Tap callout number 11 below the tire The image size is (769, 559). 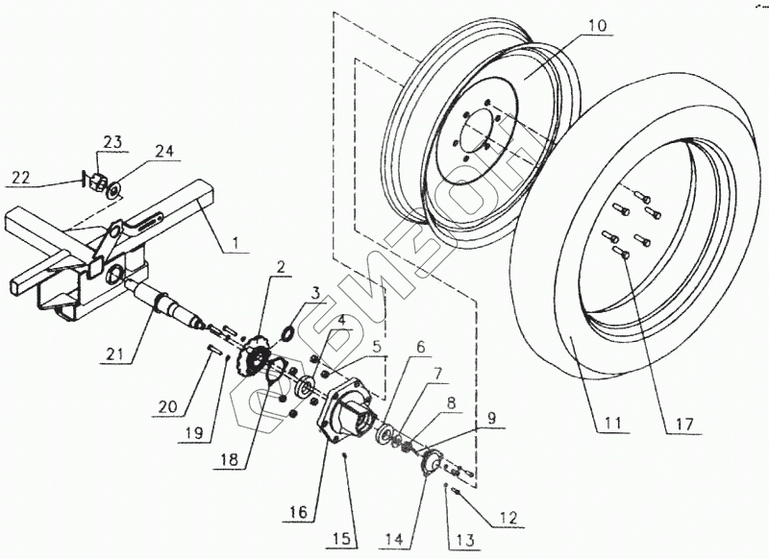612,423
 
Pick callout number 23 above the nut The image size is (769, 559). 112,143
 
